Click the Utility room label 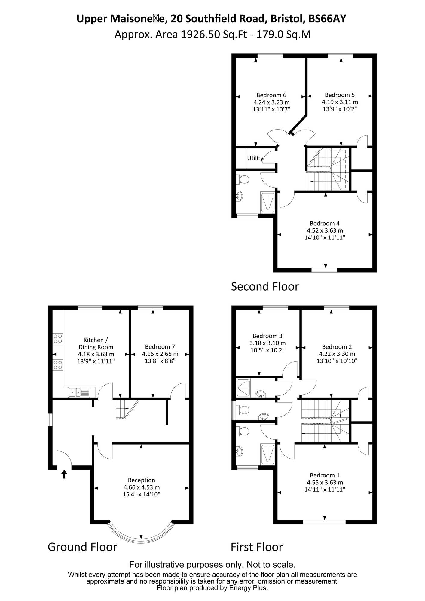point(255,158)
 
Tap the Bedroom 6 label point(271,95)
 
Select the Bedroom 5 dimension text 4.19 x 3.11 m point(340,102)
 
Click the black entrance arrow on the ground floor point(64,474)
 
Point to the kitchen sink point(79,392)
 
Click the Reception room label point(142,480)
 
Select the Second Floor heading point(265,287)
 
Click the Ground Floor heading point(82,547)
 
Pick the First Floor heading point(257,547)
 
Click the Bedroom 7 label point(160,347)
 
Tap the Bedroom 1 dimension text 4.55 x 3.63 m point(325,482)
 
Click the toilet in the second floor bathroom point(243,180)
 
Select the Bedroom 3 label point(268,336)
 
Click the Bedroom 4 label point(325,224)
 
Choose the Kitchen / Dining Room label point(96,343)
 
